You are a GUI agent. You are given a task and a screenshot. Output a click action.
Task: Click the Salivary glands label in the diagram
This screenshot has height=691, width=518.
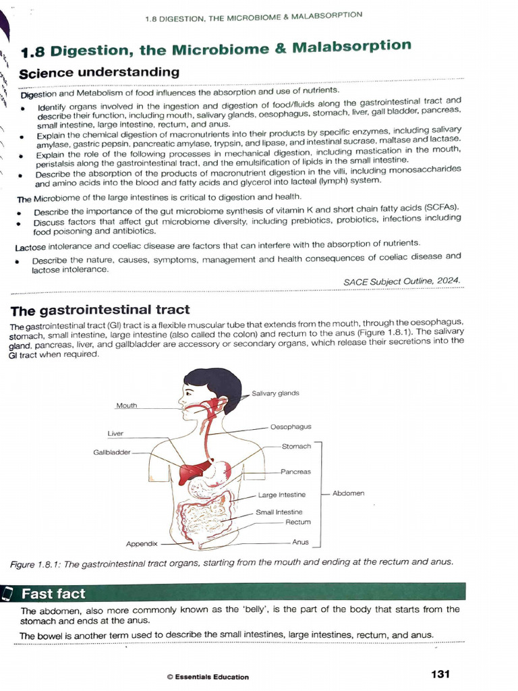coord(275,393)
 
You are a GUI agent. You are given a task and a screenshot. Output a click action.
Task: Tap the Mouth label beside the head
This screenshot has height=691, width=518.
coord(126,406)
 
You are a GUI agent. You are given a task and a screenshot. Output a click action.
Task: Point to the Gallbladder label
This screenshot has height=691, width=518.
coord(111,452)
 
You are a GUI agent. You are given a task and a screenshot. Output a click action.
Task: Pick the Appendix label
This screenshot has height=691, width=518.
coord(142,543)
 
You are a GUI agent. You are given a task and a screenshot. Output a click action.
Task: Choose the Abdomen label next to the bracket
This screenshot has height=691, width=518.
coord(348,493)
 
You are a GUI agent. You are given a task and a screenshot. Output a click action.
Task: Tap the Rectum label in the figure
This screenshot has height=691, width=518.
coord(297,522)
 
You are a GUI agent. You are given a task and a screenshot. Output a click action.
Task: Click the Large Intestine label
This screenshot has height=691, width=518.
coord(281,495)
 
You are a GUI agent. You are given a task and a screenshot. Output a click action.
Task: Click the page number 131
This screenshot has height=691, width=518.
coord(439,673)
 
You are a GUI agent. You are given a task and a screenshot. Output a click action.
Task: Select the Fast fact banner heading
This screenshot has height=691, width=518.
coord(54,594)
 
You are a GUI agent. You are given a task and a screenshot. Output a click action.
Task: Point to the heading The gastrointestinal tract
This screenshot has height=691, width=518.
coord(100,310)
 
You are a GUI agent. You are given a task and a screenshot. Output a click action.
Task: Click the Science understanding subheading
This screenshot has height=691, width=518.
coord(99,72)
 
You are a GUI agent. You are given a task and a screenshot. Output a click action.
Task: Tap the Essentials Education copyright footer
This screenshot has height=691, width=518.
coord(207,677)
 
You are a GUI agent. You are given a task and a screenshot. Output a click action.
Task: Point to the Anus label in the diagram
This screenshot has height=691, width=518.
coord(300,542)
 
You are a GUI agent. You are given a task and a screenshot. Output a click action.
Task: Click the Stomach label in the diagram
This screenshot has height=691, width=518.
coord(296,446)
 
